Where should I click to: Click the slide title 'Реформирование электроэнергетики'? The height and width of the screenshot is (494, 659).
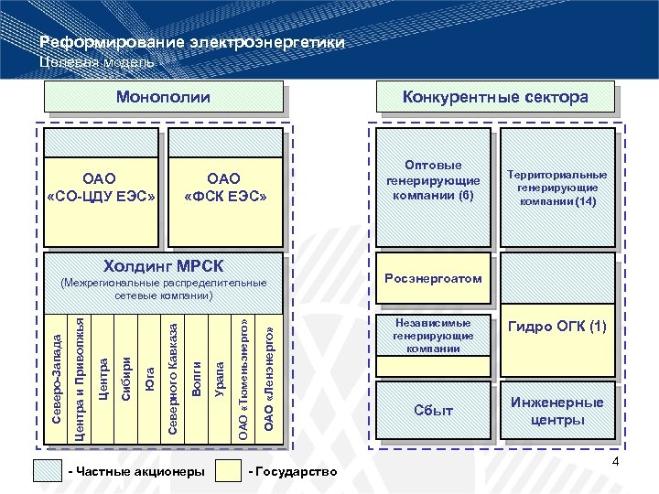tap(192, 43)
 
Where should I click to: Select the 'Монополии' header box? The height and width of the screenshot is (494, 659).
tap(162, 97)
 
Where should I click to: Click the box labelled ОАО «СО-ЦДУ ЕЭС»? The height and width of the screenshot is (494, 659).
tap(101, 188)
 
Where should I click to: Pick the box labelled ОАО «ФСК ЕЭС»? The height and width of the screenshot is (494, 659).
tap(223, 188)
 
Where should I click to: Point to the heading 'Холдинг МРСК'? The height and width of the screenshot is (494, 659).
tap(163, 265)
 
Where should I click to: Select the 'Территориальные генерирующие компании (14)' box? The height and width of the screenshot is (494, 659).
tap(556, 188)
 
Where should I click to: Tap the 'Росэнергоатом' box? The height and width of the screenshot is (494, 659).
tap(433, 278)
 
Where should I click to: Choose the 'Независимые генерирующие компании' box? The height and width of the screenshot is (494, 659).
tap(433, 336)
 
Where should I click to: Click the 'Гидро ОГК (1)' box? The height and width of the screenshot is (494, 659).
tap(557, 328)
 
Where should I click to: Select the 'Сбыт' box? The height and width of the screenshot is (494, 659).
tap(433, 411)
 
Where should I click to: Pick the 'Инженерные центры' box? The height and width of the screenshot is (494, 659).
tap(557, 411)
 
